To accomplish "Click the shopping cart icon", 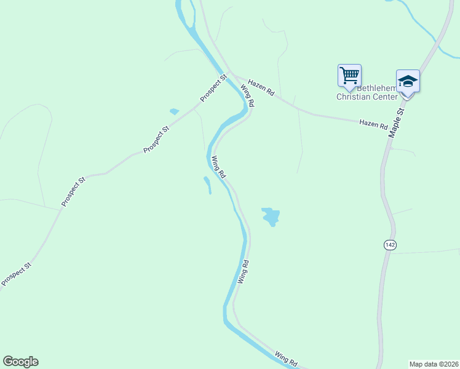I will pyautogui.click(x=349, y=76).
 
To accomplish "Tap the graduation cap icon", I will pyautogui.click(x=408, y=82).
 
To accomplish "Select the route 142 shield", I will pyautogui.click(x=389, y=245).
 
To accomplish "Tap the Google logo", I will pyautogui.click(x=20, y=362).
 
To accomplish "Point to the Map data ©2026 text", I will pyautogui.click(x=434, y=364).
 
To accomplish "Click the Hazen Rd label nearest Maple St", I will pyautogui.click(x=373, y=124).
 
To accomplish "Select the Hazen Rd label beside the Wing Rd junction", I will pyautogui.click(x=261, y=87).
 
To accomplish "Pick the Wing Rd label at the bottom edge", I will pyautogui.click(x=287, y=359).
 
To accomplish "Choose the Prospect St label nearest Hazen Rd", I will pyautogui.click(x=213, y=89).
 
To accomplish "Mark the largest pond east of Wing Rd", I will pyautogui.click(x=271, y=216).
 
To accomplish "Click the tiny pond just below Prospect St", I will pyautogui.click(x=174, y=111).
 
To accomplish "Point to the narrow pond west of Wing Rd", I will pyautogui.click(x=207, y=184).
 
